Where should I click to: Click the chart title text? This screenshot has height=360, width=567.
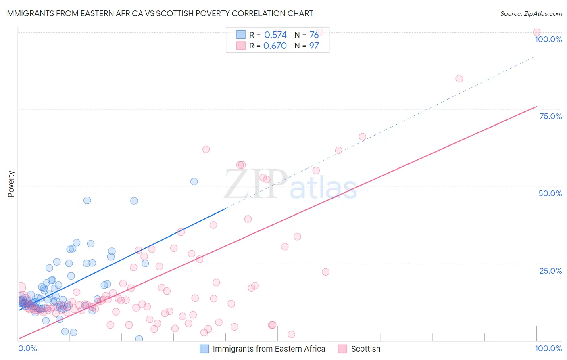159,13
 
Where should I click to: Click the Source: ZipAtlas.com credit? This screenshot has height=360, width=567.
531,13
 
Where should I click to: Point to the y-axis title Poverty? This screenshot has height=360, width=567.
11,184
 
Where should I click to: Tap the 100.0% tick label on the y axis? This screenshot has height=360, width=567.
548,39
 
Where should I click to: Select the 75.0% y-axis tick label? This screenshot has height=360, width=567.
550,116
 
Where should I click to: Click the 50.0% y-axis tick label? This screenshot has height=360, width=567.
550,193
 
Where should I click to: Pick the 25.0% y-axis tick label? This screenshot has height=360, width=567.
550,271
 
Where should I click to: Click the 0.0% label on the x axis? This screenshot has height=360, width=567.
27,348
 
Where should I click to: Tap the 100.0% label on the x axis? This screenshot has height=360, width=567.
548,348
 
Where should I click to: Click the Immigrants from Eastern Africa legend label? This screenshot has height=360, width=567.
269,349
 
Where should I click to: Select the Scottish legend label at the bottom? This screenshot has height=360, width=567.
365,349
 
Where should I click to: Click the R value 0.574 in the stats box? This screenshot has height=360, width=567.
275,35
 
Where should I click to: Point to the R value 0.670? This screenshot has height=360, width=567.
275,46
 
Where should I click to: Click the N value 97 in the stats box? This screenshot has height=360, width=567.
314,46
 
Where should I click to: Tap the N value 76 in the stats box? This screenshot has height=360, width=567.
314,35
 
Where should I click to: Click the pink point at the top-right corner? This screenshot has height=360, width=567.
536,32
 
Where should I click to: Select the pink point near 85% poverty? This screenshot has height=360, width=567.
459,79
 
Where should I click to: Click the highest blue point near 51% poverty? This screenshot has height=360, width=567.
194,182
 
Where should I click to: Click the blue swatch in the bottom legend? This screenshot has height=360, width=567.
204,349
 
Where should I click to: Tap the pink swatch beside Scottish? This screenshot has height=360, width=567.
342,349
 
